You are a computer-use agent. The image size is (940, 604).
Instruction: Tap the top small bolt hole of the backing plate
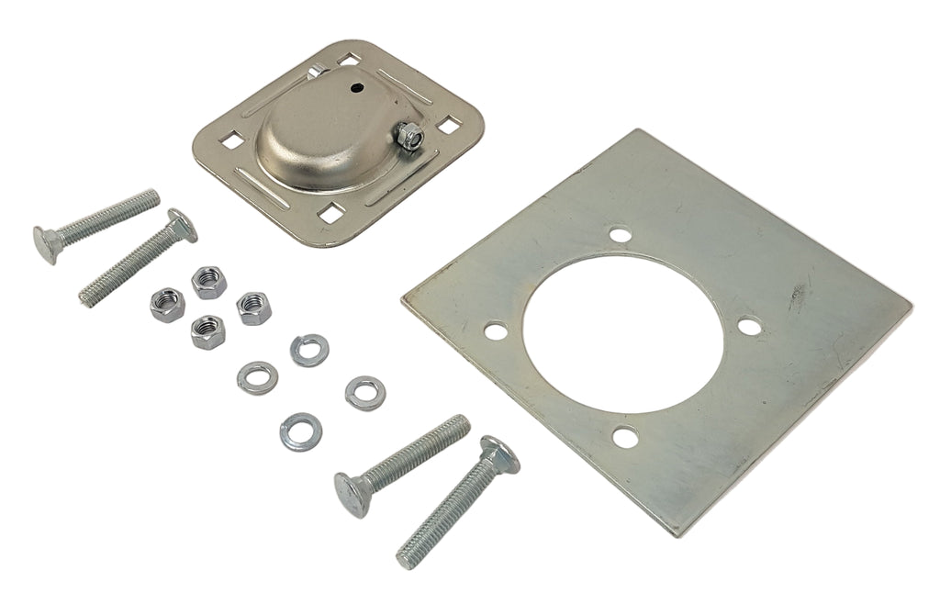(x=621, y=235)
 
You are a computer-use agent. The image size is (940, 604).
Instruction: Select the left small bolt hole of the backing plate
(x=497, y=330)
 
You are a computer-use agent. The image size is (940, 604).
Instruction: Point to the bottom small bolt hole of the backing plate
(x=625, y=437)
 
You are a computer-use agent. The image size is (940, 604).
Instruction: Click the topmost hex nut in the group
(x=209, y=282)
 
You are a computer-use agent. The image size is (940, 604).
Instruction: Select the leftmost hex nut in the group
(x=168, y=304)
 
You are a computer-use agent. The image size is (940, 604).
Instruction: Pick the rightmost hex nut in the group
(x=253, y=308)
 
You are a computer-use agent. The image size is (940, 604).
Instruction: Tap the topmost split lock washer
(x=309, y=350)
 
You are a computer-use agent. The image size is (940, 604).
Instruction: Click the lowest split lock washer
(x=300, y=431)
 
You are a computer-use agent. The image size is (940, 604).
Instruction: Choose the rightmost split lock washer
(x=365, y=393)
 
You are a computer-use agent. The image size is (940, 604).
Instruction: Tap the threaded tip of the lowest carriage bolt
(x=408, y=556)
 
